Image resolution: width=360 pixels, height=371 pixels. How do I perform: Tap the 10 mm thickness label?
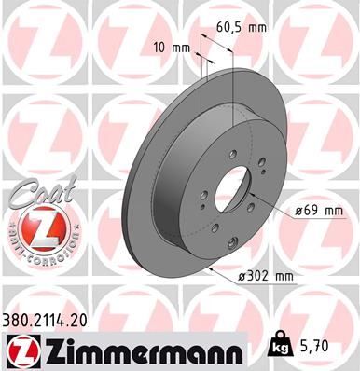[174, 46]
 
